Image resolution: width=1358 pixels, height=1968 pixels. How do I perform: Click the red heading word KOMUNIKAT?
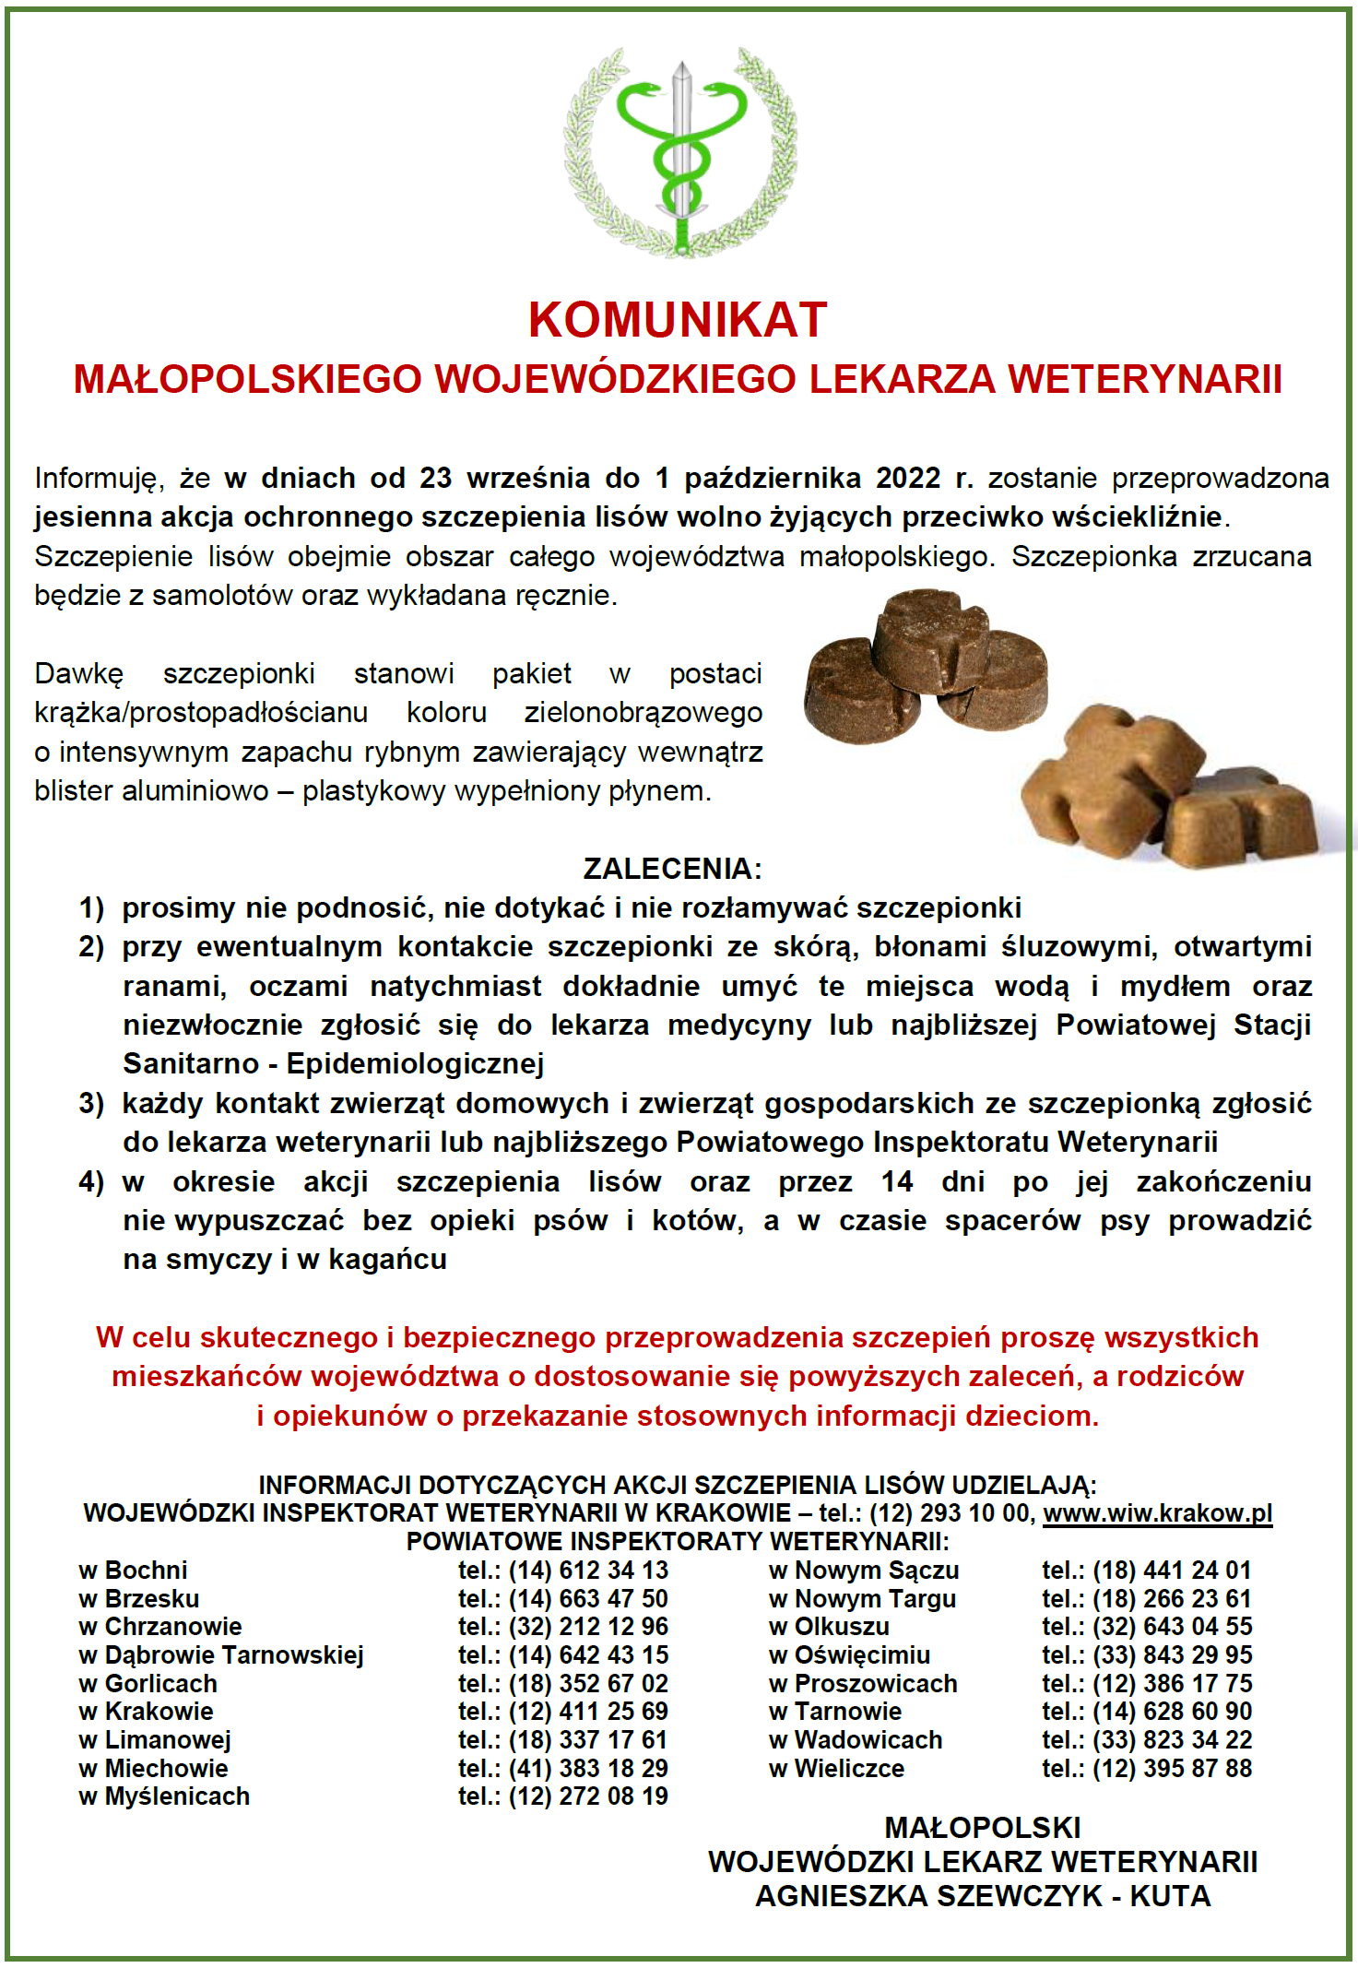point(678,320)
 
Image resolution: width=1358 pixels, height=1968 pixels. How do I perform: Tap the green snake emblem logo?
point(680,152)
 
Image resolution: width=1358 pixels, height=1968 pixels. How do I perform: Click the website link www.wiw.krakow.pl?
point(1157,1513)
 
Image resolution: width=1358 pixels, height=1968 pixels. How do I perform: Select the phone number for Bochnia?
point(562,1571)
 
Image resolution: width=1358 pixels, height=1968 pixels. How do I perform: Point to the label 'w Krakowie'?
point(146,1712)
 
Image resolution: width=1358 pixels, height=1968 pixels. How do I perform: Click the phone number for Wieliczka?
point(1147,1769)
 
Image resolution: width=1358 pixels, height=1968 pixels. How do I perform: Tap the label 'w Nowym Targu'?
point(862,1599)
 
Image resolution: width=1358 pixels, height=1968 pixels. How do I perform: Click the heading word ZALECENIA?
point(672,869)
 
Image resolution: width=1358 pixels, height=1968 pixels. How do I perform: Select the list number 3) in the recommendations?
point(91,1103)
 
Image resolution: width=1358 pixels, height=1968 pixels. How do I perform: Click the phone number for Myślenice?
point(562,1796)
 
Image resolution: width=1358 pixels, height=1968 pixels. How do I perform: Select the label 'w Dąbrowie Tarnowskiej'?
point(221,1655)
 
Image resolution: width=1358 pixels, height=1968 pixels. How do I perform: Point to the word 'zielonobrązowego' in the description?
point(643,713)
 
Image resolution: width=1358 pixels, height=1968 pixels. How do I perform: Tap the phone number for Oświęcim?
point(1147,1655)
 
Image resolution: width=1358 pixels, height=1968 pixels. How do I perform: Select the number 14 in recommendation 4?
point(896,1181)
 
